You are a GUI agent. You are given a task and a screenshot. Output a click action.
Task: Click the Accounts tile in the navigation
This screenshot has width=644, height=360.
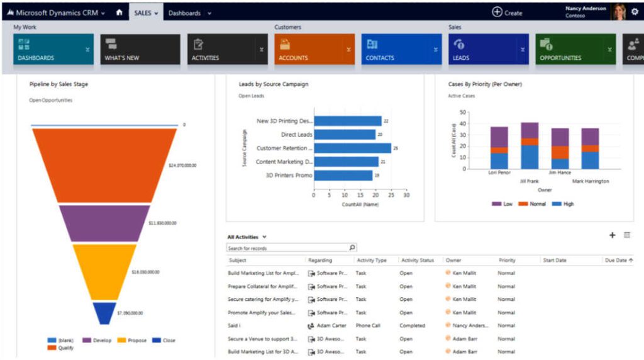[314, 49]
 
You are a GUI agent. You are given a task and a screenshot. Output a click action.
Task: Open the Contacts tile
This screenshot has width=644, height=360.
[401, 49]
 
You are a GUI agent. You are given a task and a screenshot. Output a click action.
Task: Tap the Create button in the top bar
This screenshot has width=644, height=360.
[507, 13]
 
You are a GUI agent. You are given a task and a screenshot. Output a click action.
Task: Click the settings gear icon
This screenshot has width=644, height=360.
[634, 11]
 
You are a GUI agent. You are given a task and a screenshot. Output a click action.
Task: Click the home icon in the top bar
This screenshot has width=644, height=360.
[119, 13]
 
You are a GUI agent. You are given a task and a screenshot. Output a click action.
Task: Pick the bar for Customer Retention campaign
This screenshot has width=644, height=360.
[352, 148]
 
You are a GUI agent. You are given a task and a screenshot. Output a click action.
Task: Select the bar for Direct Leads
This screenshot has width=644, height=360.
[345, 134]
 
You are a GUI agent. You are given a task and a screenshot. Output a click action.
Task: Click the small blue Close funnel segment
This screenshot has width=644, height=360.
[104, 312]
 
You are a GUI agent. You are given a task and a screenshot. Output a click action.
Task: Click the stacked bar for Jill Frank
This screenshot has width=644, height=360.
[530, 145]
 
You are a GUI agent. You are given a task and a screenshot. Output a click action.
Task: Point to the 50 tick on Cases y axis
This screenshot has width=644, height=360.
[463, 112]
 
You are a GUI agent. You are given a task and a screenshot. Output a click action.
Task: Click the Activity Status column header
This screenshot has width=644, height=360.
[418, 260]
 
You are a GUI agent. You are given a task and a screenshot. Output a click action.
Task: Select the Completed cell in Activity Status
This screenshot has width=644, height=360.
[412, 325]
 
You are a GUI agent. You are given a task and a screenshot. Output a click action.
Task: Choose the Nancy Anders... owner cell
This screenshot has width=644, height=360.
[469, 325]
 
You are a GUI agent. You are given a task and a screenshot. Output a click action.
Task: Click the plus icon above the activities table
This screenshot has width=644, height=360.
[612, 235]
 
